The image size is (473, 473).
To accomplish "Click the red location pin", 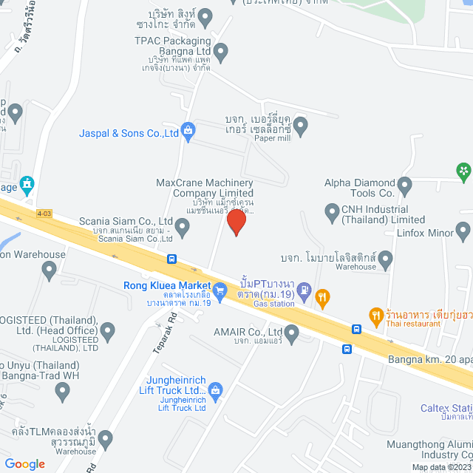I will [236, 221].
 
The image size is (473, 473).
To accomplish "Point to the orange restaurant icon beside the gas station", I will [322, 299].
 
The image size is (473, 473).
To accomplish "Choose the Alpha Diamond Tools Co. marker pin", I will [404, 184].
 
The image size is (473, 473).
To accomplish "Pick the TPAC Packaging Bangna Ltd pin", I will [220, 52].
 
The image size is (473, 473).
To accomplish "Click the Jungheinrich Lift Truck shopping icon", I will [216, 389].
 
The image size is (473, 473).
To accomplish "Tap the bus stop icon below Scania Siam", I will [171, 259].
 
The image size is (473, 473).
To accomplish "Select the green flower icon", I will [463, 172].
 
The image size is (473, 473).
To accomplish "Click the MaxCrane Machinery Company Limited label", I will [205, 188].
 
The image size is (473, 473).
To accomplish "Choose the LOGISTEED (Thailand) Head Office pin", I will [109, 332].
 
